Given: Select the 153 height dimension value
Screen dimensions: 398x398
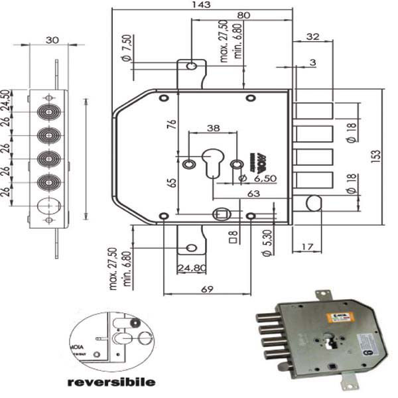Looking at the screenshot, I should click(376, 155).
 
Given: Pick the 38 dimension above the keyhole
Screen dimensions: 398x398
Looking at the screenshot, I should click(213, 128).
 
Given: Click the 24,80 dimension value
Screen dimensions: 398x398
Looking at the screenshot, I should click(192, 268).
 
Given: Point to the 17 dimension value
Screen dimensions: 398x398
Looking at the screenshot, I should click(306, 247).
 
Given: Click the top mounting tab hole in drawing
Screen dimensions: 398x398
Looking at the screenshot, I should click(191, 66).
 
